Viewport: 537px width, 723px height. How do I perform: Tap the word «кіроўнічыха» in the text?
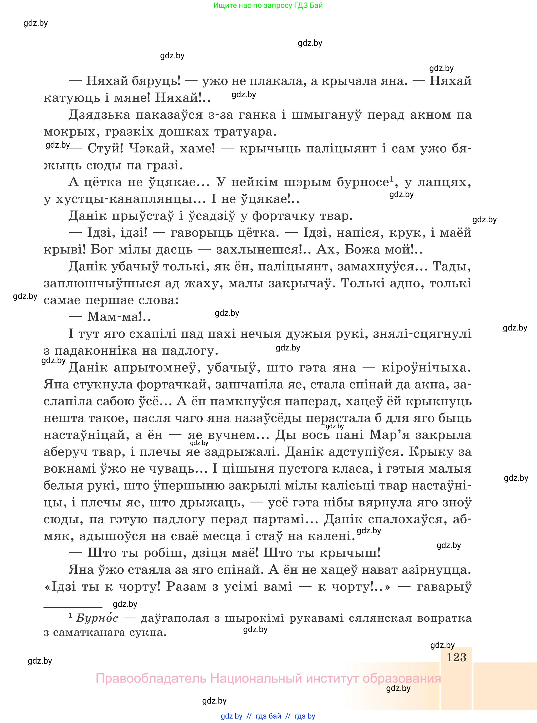pos(426,368)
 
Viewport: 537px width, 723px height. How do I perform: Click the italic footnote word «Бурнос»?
pos(97,618)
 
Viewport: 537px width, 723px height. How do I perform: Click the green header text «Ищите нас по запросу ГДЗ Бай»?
pos(268,6)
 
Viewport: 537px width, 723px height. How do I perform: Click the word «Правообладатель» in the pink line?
pos(151,679)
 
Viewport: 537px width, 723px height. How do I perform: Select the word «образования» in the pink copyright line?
pos(401,679)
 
